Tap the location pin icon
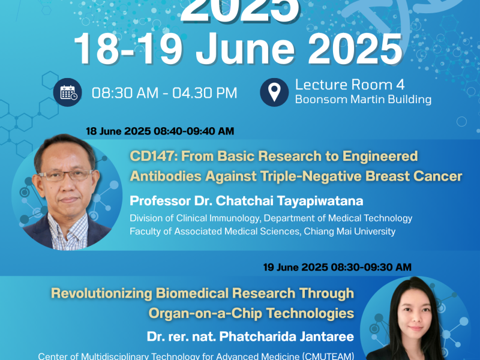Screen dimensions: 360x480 click(274, 92)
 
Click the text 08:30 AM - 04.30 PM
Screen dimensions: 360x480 click(164, 93)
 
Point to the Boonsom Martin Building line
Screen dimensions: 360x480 click(363, 100)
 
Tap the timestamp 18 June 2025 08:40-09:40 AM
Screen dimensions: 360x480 click(160, 131)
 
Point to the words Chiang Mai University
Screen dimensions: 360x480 click(348, 230)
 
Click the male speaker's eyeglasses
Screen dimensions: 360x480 click(69, 175)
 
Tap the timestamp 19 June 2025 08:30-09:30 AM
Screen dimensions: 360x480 click(337, 266)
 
